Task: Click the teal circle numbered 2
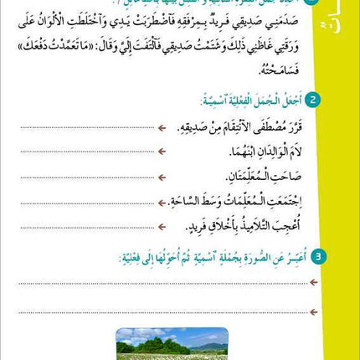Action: click(312, 100)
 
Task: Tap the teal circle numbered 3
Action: click(318, 256)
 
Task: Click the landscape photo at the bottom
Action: click(172, 343)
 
